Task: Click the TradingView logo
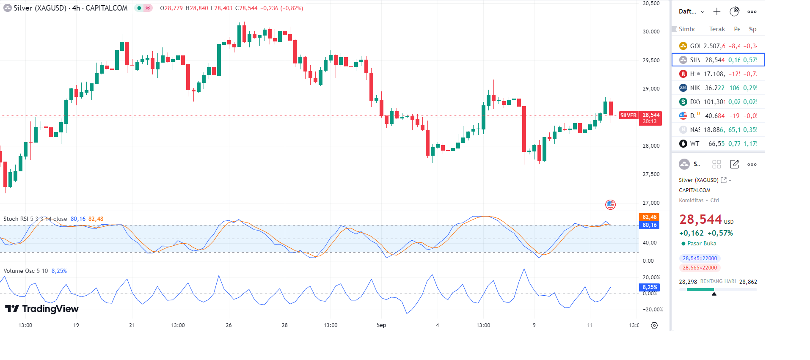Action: [41, 309]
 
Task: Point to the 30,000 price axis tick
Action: [651, 32]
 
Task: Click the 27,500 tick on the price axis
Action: [651, 174]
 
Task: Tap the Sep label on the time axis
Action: [381, 325]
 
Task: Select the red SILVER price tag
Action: [628, 115]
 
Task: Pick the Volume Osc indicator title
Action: [25, 271]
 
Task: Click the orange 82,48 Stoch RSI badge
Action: [649, 217]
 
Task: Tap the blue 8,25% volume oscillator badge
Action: [649, 287]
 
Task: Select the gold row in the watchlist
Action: [718, 46]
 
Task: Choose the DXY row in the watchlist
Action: [718, 102]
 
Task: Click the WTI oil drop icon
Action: [683, 144]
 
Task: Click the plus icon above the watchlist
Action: [716, 12]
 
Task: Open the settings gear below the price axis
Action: [654, 325]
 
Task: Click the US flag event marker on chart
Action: [610, 205]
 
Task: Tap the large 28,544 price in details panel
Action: [700, 220]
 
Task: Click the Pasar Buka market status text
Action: [702, 244]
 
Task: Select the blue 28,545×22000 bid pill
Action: [700, 258]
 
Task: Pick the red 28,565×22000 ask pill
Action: [700, 268]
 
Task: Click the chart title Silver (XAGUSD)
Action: [40, 8]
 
